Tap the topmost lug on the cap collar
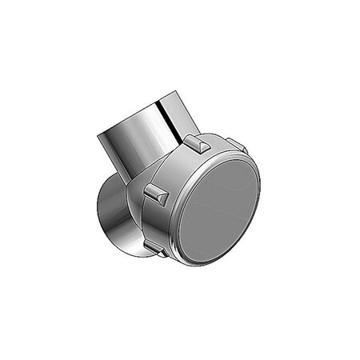[196, 144]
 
